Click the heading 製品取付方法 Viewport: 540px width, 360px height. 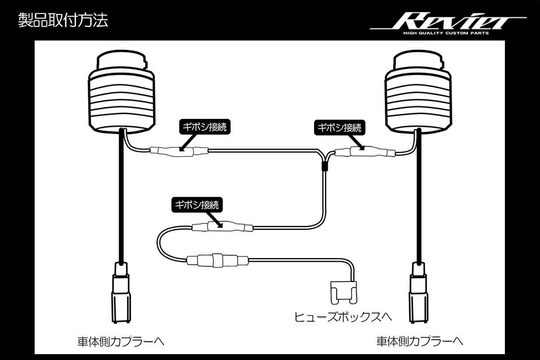click(x=63, y=20)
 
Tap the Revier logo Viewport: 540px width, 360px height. click(x=448, y=21)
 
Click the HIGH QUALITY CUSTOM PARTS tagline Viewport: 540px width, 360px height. click(x=446, y=33)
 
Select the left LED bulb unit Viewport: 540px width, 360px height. click(x=122, y=92)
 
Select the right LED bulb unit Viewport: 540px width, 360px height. click(x=418, y=92)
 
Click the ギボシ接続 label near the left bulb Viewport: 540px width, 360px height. click(x=205, y=127)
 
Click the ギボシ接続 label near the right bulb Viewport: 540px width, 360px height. click(x=339, y=127)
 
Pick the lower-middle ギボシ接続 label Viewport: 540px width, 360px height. click(x=197, y=205)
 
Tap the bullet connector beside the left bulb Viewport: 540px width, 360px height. click(x=179, y=152)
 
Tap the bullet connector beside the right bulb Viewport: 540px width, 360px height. click(x=365, y=152)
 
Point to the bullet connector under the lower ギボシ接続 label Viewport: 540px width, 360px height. click(x=222, y=227)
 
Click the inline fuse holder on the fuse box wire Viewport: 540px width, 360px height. click(x=217, y=260)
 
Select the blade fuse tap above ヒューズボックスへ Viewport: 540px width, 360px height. click(x=344, y=293)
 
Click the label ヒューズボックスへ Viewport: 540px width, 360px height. click(x=343, y=317)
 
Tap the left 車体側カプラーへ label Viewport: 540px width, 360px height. click(x=121, y=342)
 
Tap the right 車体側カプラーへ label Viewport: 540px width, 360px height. click(x=420, y=342)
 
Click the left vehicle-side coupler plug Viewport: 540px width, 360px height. click(x=121, y=292)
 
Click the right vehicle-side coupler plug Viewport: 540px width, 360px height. click(x=419, y=292)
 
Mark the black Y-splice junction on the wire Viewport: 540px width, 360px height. click(x=325, y=166)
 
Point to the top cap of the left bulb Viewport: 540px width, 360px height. click(x=122, y=60)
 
